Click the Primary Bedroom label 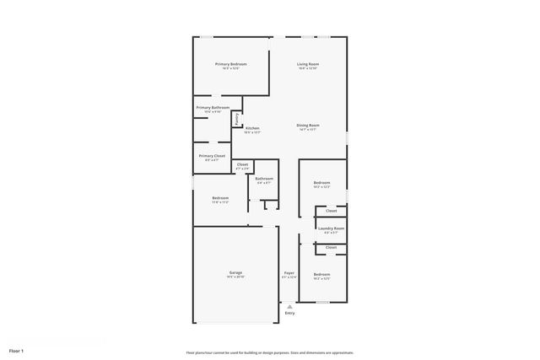[230, 64]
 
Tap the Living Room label [307, 64]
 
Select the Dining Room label [307, 125]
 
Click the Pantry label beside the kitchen [237, 119]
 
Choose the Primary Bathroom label [213, 107]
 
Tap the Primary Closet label [212, 155]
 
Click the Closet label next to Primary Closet [242, 164]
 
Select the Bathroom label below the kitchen [264, 178]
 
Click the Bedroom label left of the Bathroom [220, 198]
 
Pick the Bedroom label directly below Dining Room [321, 183]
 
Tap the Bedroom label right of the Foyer [321, 274]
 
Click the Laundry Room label [331, 228]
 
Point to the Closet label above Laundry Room [331, 211]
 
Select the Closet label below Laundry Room [331, 247]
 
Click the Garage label [235, 272]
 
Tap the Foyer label [289, 273]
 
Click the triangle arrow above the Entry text [289, 307]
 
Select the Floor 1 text [17, 350]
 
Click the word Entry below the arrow [289, 314]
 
